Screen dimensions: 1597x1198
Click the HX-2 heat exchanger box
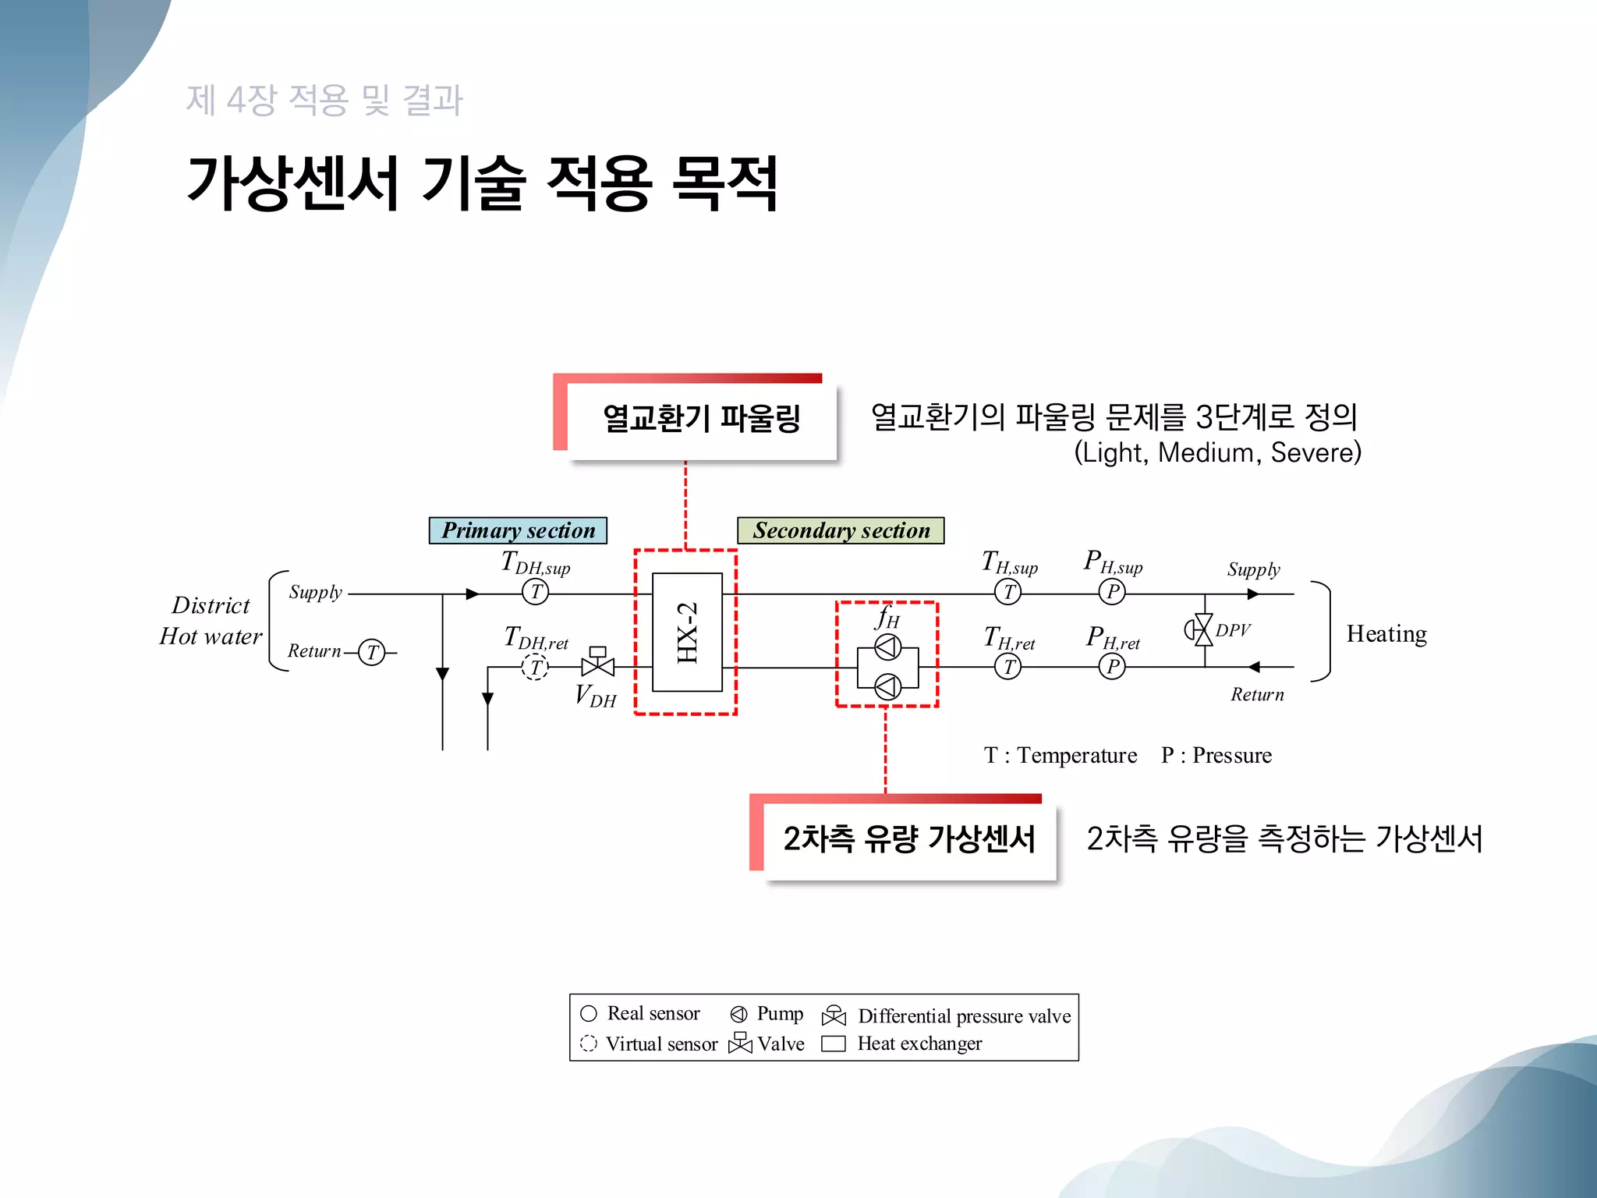(687, 633)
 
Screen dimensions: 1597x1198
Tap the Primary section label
(518, 530)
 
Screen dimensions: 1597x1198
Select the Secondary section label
(841, 530)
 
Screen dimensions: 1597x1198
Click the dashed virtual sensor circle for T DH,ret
(535, 668)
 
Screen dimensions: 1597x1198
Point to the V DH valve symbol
(598, 665)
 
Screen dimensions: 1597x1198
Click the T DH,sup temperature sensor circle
(535, 592)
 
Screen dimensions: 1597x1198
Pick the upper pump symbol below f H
(887, 647)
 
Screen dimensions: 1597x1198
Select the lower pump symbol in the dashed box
(887, 687)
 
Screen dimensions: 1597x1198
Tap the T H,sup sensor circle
(1008, 592)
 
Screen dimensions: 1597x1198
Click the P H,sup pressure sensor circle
(1112, 592)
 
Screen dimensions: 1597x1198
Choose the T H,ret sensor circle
(1008, 667)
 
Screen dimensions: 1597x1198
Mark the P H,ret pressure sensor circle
(1112, 667)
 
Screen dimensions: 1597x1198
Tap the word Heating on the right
(1386, 633)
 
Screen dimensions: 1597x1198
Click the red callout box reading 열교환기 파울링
(701, 419)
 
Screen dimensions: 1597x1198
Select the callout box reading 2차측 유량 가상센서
(908, 839)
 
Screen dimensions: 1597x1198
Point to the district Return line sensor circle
(372, 652)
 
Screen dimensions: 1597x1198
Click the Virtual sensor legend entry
(650, 1044)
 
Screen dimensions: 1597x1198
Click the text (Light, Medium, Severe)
(1217, 452)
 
